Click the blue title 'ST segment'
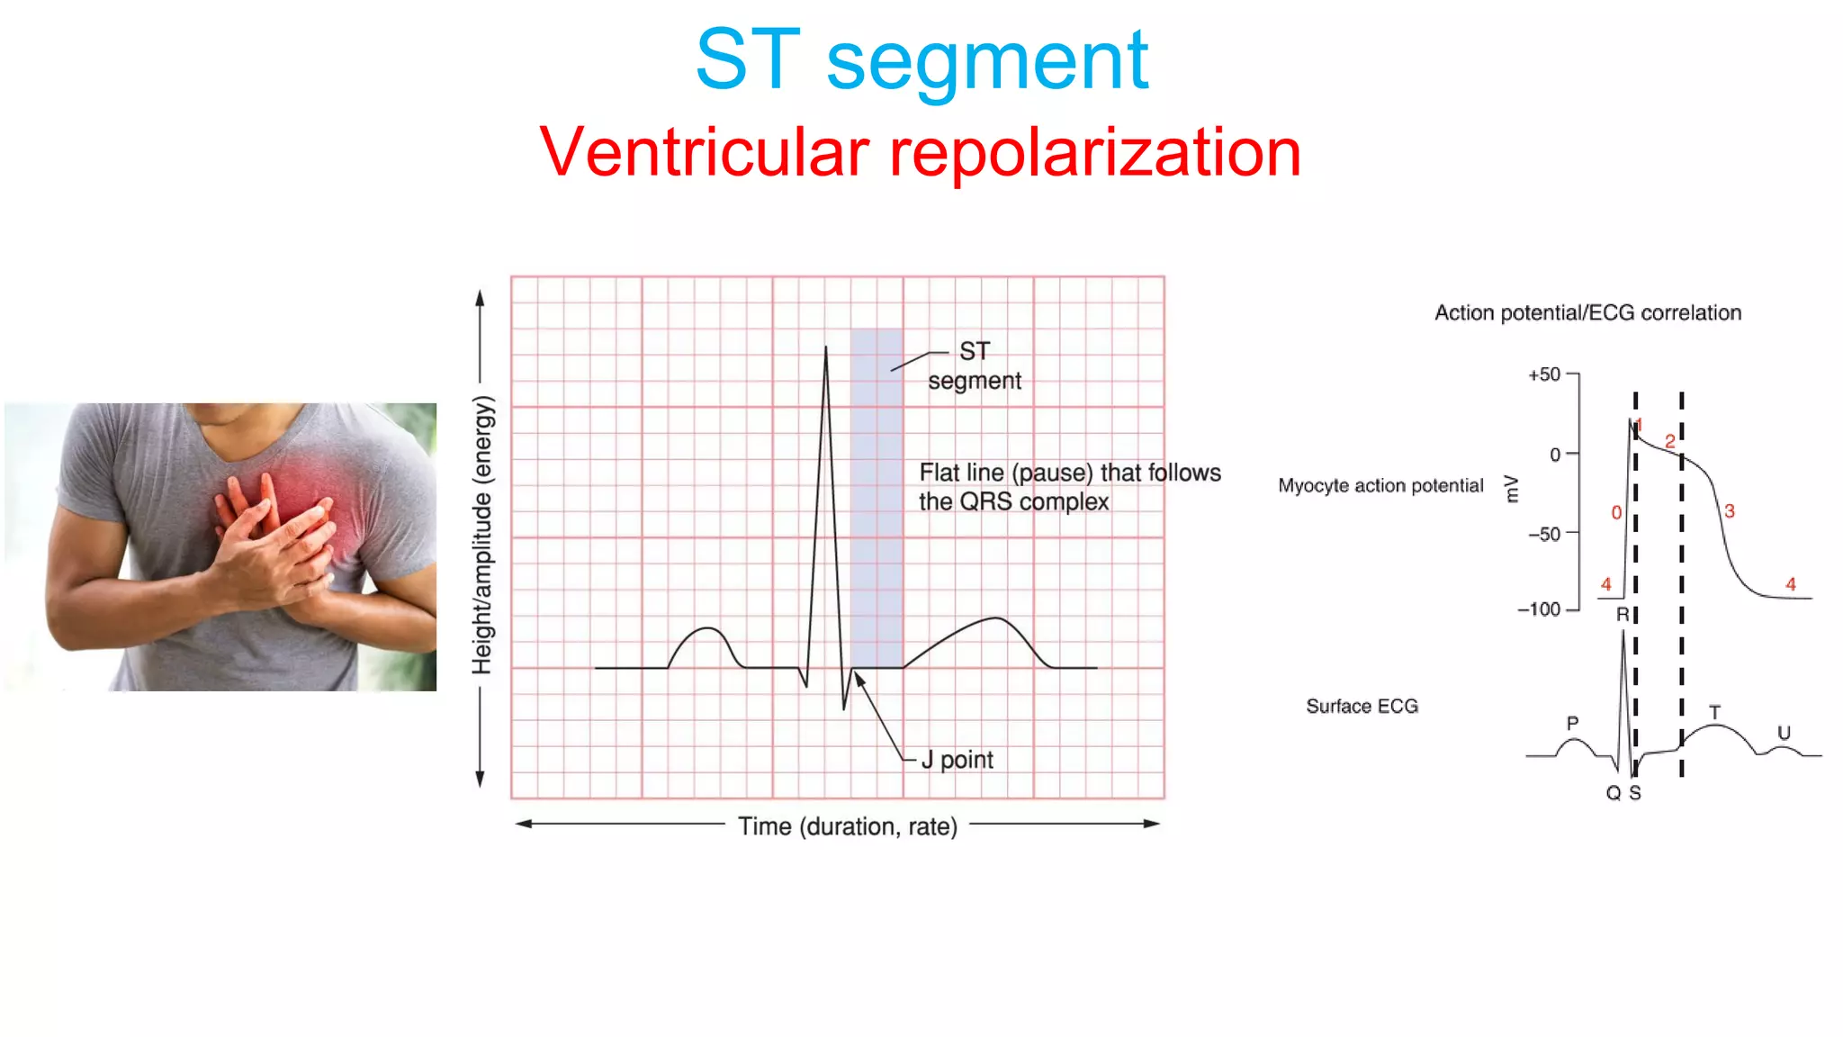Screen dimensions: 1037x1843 (x=921, y=61)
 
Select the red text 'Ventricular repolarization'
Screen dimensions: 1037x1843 (x=920, y=153)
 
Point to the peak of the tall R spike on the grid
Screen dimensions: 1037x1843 (x=826, y=348)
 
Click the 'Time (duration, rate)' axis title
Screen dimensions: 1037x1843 (x=848, y=825)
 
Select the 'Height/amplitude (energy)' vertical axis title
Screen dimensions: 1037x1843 (x=483, y=536)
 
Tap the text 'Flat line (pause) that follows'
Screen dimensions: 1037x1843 (x=1069, y=473)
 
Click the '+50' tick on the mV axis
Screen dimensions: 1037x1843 (x=1544, y=374)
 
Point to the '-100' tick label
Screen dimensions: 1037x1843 (x=1539, y=609)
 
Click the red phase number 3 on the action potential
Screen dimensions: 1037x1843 (x=1729, y=511)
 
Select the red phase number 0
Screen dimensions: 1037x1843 (x=1616, y=512)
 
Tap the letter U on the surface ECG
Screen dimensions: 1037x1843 (x=1784, y=733)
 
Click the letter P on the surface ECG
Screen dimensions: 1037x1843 (x=1572, y=723)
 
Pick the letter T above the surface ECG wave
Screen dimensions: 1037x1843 (x=1714, y=712)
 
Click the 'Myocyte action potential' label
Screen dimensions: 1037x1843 (x=1380, y=486)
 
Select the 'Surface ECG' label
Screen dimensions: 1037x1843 (x=1362, y=707)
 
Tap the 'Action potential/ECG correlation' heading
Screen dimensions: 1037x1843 (x=1587, y=313)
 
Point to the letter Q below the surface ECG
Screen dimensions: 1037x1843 (x=1613, y=793)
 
